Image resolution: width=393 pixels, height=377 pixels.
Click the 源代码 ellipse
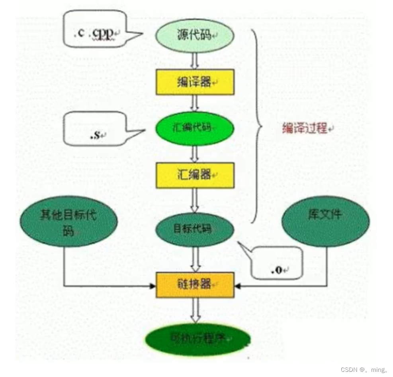pos(194,35)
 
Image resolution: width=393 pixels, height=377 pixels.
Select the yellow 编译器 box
pos(194,82)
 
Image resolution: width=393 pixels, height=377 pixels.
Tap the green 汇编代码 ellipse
pos(195,128)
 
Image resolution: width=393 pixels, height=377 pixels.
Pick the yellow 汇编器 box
pos(194,175)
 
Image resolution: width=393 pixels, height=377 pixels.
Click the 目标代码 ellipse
pos(195,229)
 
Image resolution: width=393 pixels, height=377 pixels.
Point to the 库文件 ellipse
pos(325,221)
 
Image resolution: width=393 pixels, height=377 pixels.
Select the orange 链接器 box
pos(194,285)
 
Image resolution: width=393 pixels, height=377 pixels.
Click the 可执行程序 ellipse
pos(198,339)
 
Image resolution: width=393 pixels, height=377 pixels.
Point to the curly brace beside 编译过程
pos(258,128)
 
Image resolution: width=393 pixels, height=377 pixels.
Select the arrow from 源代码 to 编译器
pos(195,61)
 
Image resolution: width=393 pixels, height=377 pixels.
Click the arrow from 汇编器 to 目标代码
pos(195,201)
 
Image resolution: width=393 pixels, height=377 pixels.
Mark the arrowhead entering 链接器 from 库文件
pos(238,286)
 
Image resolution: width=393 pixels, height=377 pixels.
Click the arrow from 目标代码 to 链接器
pos(195,260)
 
